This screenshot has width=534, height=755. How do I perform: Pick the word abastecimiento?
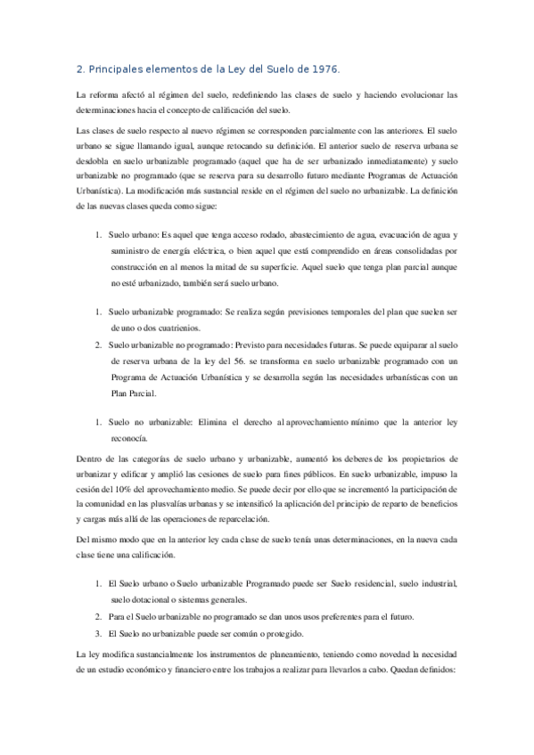pos(283,235)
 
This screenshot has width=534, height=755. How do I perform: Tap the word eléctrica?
pos(232,251)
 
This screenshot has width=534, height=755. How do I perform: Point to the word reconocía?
pos(129,436)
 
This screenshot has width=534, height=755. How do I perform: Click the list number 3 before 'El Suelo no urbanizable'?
pos(98,633)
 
